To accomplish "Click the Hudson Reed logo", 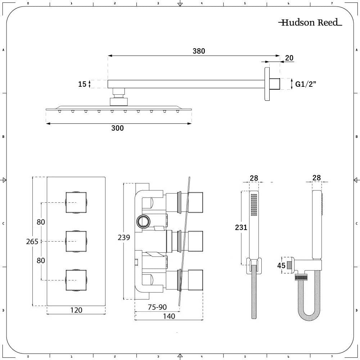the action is coord(310,22).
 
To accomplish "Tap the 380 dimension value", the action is coord(199,51).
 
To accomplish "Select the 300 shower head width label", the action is coord(117,128).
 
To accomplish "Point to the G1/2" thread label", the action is coord(306,84).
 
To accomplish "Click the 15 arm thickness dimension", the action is coord(82,84).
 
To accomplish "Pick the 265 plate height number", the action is coord(32,242).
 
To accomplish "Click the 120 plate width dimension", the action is coord(76,310).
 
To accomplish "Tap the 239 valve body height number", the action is coord(124,237).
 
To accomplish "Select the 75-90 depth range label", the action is coord(157,307).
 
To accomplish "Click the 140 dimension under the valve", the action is coord(169,316).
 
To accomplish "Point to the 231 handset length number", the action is coord(241,227).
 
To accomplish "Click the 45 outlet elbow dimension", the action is coord(281,265).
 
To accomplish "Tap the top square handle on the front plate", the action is coord(76,202).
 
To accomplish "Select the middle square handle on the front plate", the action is coord(76,241).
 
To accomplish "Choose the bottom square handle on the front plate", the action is coord(76,280).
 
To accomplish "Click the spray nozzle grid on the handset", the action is coord(254,205).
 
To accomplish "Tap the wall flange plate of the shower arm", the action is coord(267,84).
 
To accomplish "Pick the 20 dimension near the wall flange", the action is coord(289,58).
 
